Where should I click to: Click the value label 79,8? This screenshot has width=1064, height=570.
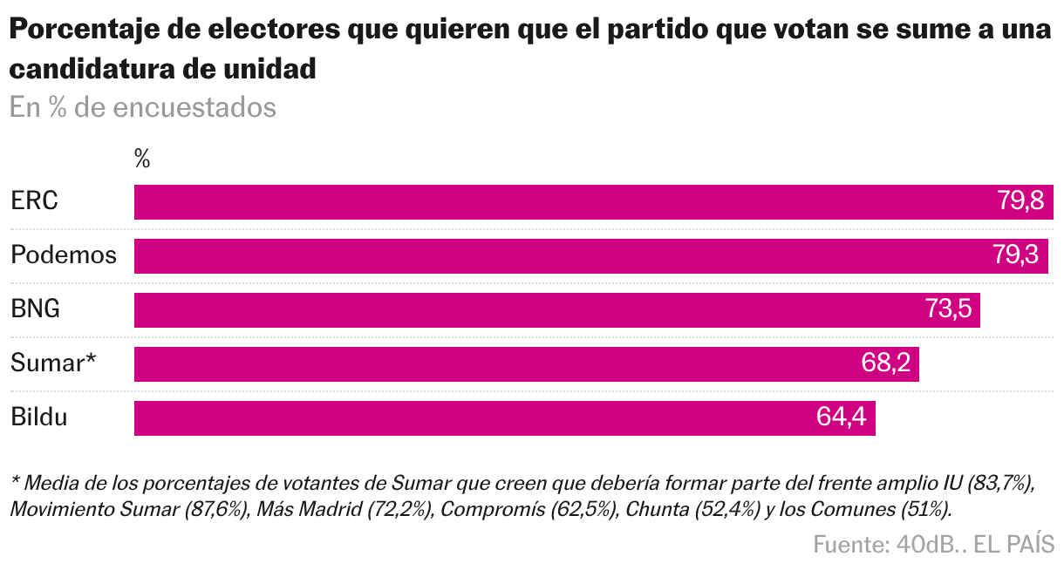pyautogui.click(x=1020, y=201)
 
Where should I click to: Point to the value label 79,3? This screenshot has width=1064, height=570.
pyautogui.click(x=1016, y=255)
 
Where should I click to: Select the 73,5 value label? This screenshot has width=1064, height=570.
pyautogui.click(x=948, y=310)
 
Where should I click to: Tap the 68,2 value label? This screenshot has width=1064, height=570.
pyautogui.click(x=886, y=364)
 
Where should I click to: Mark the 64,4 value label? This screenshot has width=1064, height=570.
pyautogui.click(x=842, y=418)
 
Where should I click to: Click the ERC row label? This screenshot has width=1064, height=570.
pyautogui.click(x=35, y=201)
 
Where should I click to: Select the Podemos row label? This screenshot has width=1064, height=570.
pyautogui.click(x=64, y=255)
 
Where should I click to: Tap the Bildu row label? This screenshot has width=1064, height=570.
pyautogui.click(x=39, y=418)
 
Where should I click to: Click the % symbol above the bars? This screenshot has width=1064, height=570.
pyautogui.click(x=142, y=159)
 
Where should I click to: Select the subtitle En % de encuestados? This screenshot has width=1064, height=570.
pyautogui.click(x=143, y=108)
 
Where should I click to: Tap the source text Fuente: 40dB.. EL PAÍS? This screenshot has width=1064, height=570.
pyautogui.click(x=934, y=545)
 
